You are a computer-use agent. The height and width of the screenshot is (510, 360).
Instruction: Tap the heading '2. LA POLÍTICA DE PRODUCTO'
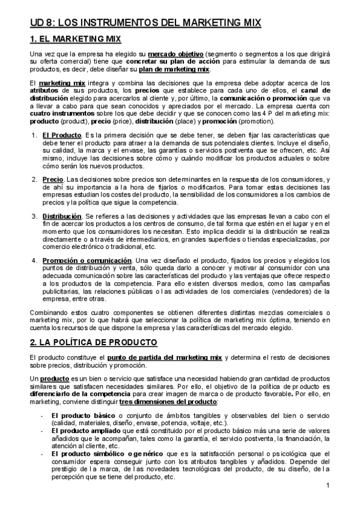pyautogui.click(x=93, y=343)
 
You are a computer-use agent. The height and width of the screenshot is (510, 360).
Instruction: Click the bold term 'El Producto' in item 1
pyautogui.click(x=61, y=135)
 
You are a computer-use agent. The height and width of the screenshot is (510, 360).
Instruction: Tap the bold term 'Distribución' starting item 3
pyautogui.click(x=62, y=215)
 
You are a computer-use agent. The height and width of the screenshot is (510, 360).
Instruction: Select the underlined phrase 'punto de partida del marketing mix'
pyautogui.click(x=165, y=358)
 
